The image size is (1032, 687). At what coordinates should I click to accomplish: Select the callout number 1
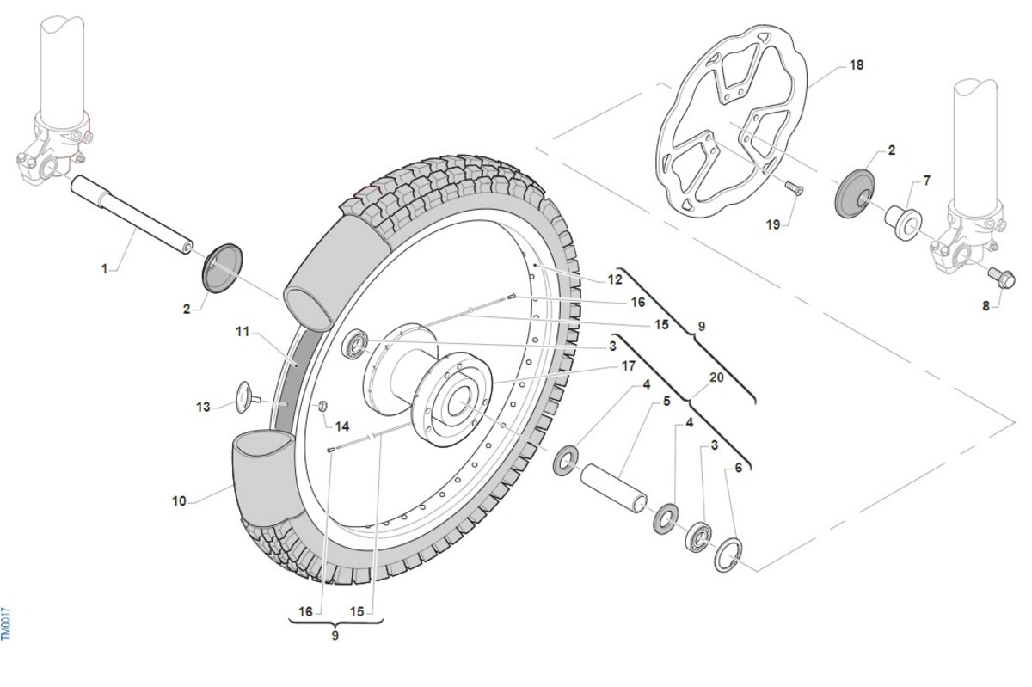pos(105,269)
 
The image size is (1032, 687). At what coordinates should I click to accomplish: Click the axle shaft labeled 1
pos(133,215)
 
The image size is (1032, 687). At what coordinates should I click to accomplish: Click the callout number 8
pos(987,304)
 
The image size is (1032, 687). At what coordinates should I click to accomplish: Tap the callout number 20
pos(716,377)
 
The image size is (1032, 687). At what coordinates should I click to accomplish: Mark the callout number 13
pos(203,406)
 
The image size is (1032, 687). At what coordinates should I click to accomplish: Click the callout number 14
pos(342,426)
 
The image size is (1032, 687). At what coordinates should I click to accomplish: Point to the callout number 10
pos(179,500)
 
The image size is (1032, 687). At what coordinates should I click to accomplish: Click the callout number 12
pos(614,279)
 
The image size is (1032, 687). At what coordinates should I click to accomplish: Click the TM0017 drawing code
pos(6,623)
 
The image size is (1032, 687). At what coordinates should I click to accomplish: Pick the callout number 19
pos(772,224)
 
